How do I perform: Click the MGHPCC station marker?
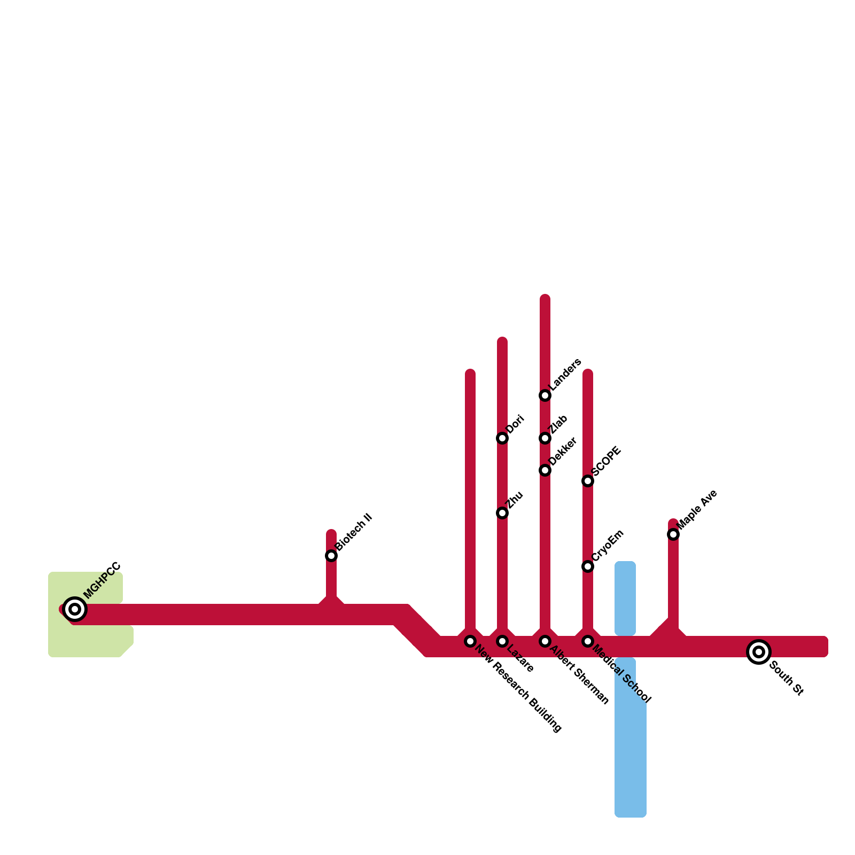[75, 609]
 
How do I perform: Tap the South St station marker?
[759, 652]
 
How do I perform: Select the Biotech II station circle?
[331, 556]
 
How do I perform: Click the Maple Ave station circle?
[673, 534]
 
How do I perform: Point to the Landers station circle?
[545, 395]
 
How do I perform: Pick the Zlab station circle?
[545, 438]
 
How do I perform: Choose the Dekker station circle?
[545, 470]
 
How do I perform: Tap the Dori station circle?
[502, 438]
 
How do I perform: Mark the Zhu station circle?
[502, 513]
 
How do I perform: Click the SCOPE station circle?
[588, 481]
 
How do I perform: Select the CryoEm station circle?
[588, 566]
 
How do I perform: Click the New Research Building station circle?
[470, 641]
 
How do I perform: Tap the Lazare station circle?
[502, 641]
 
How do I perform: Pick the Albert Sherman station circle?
[545, 641]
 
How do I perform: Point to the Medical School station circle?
[588, 641]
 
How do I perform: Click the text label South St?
[786, 679]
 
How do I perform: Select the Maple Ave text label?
[697, 510]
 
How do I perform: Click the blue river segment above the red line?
[625, 598]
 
